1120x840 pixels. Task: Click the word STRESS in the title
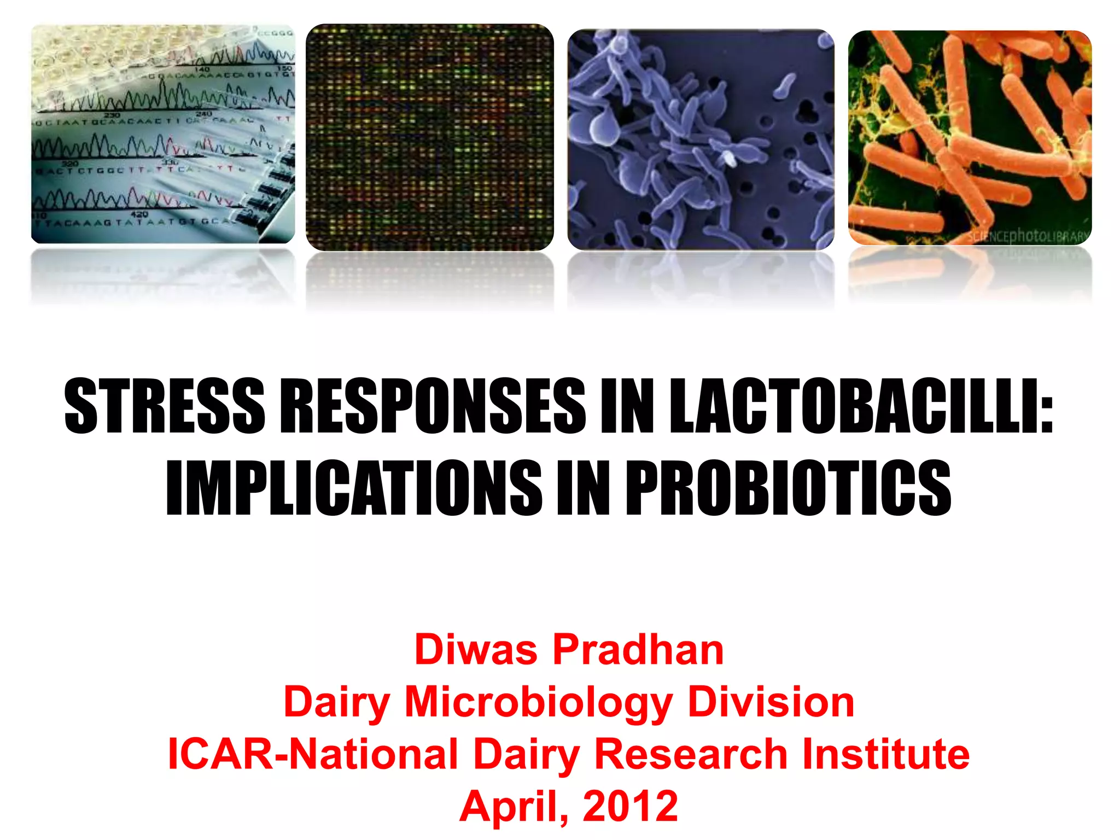tap(164, 406)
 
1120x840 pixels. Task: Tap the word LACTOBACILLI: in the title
tap(861, 406)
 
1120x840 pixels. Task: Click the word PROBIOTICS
tap(788, 488)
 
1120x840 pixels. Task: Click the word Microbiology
tap(538, 702)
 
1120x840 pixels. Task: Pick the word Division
tap(771, 702)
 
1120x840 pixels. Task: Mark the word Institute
tap(885, 754)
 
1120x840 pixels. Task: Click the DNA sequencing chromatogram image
tap(163, 135)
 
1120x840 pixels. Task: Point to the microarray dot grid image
tap(430, 137)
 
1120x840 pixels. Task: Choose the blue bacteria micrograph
tap(701, 139)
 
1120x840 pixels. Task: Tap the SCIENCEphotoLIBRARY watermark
tap(1028, 237)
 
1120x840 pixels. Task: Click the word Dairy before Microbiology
tap(336, 702)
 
